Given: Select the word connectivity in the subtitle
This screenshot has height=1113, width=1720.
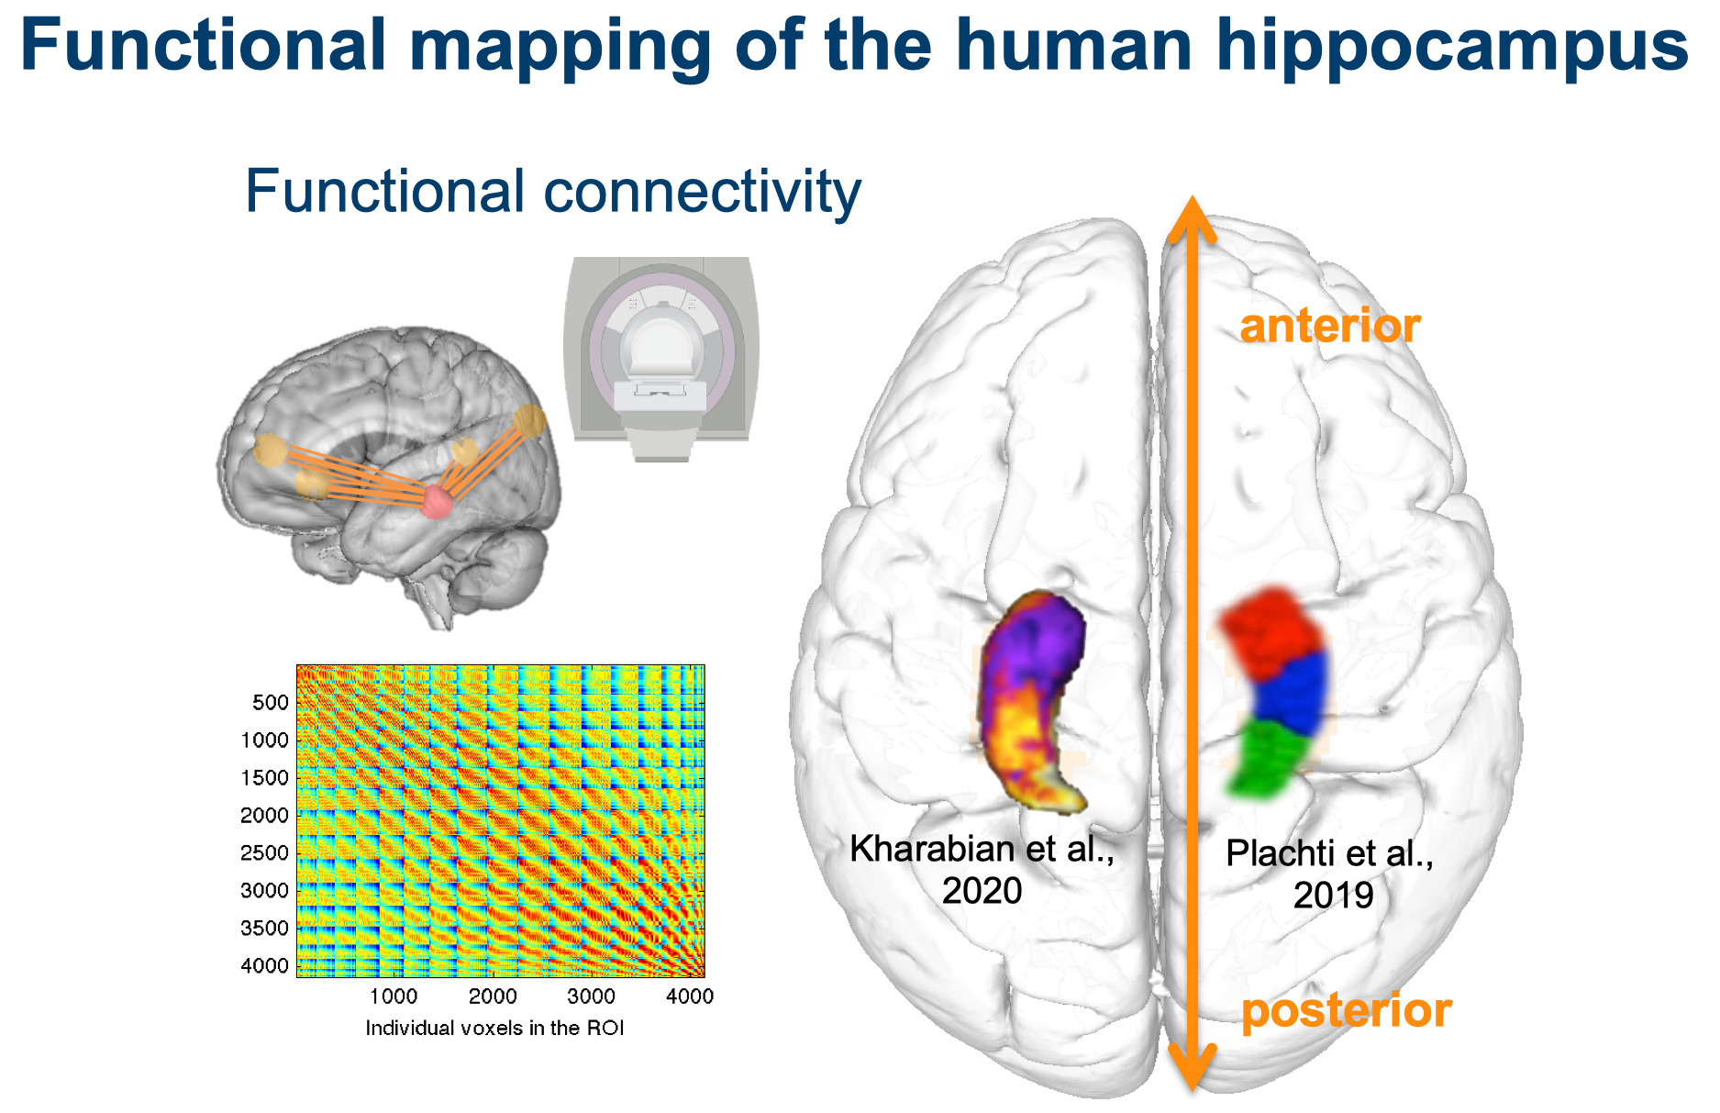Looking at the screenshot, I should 702,192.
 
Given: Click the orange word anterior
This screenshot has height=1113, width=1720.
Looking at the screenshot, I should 1329,326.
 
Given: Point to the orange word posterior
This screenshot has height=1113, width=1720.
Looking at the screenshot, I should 1346,1010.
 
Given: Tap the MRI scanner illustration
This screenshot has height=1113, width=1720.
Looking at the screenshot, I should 661,358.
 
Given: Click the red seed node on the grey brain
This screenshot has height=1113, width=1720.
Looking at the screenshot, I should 437,501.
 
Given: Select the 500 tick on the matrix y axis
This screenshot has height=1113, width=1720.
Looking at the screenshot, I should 271,703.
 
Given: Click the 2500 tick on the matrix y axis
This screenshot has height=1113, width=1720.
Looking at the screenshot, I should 265,853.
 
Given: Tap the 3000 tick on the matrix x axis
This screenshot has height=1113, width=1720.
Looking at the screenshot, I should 591,996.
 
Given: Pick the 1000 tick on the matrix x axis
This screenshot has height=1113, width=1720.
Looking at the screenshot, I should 394,996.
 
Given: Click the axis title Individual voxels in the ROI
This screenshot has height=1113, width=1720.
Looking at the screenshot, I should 494,1029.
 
